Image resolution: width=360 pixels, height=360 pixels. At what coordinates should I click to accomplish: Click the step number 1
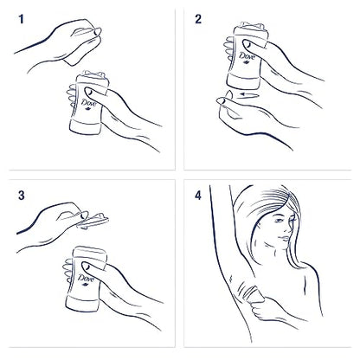point(21,19)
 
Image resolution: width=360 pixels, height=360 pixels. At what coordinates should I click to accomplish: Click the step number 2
point(198,19)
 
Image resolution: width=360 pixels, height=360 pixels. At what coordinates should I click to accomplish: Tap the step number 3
point(22,196)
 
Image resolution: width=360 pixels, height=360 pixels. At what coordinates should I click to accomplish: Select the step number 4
point(198,196)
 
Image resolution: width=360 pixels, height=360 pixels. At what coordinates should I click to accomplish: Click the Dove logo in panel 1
point(88,104)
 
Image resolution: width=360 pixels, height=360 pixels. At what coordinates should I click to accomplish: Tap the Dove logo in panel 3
point(86,280)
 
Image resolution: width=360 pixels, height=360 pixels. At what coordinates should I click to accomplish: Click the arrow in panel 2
point(250,94)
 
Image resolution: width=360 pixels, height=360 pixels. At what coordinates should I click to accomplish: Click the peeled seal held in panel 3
point(93,221)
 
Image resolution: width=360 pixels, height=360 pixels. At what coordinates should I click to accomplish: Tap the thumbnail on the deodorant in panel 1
point(88,92)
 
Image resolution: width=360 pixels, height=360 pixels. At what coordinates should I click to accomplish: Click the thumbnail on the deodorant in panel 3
point(86,267)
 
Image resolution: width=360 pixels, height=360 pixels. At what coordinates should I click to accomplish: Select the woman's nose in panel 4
point(289,228)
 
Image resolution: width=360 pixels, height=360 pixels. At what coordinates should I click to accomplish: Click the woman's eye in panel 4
point(279,221)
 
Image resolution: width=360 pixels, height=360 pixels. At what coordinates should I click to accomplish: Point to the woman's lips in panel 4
point(284,238)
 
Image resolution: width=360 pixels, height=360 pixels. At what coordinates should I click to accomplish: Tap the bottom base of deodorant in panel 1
point(86,126)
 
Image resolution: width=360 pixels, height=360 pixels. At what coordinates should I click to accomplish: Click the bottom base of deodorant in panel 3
point(82,303)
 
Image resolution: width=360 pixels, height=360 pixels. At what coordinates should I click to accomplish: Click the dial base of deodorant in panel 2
point(242,80)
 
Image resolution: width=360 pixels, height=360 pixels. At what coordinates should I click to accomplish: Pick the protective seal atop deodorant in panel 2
point(253,26)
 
